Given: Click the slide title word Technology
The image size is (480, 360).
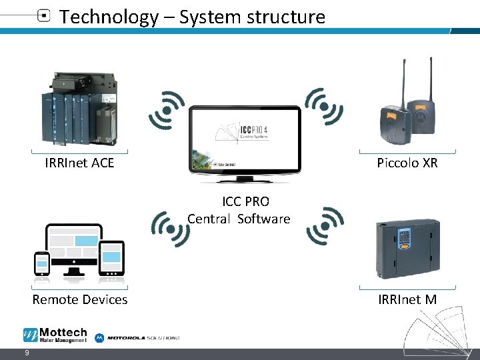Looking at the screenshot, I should (x=107, y=17).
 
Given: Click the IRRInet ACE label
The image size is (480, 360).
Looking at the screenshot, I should (x=79, y=162).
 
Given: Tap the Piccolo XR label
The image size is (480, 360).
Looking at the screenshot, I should (x=407, y=162).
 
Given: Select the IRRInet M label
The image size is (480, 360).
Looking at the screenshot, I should (x=407, y=299).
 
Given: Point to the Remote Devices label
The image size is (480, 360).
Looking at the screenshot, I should (x=80, y=299).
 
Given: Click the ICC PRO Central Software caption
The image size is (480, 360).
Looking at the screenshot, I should (x=239, y=210).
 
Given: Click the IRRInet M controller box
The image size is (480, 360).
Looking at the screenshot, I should (x=407, y=245).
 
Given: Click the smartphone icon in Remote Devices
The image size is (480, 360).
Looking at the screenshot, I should (x=42, y=263).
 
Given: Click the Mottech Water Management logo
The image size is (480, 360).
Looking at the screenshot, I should (x=55, y=335).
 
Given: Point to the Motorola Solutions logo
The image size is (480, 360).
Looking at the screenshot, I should (x=137, y=338).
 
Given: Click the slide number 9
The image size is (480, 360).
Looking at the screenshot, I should (x=26, y=353).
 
